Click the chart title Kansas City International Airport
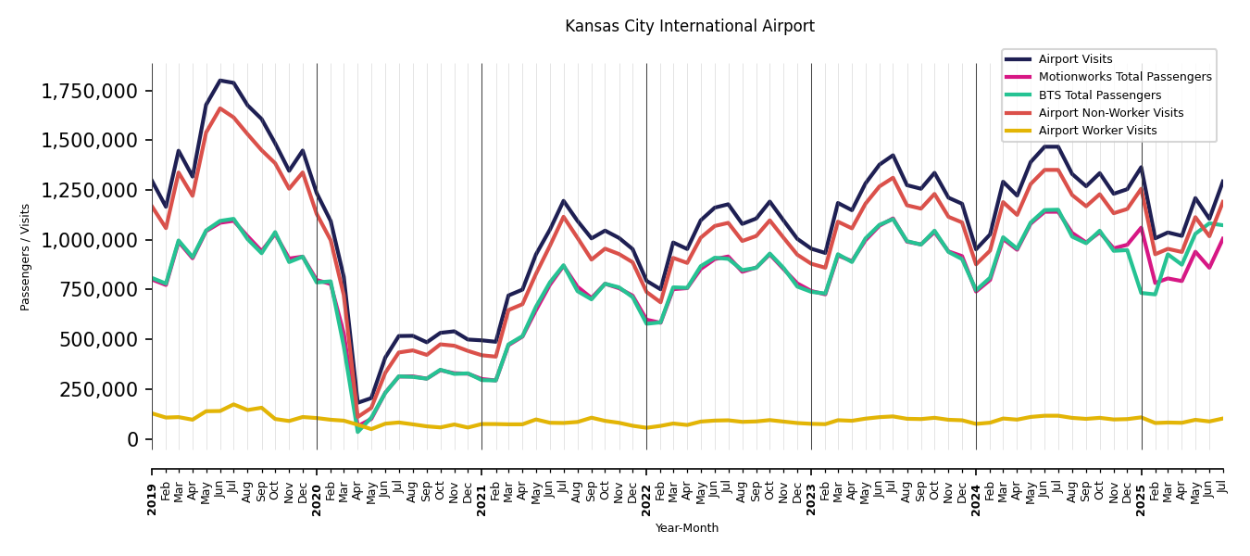[690, 27]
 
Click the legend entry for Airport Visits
[1075, 59]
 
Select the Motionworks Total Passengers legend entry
[1124, 77]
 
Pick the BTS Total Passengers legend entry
[1099, 95]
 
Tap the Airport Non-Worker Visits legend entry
[1110, 113]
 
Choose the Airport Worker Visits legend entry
[1097, 131]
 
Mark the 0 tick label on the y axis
[133, 439]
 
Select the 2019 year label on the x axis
[152, 486]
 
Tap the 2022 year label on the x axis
[646, 486]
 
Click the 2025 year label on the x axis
[1141, 486]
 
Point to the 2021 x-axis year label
[481, 486]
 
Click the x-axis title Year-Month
[687, 528]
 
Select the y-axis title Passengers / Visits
[26, 257]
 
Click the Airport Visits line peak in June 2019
[219, 81]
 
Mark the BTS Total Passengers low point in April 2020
[358, 431]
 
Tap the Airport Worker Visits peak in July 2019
[233, 404]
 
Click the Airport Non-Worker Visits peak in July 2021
[563, 217]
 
